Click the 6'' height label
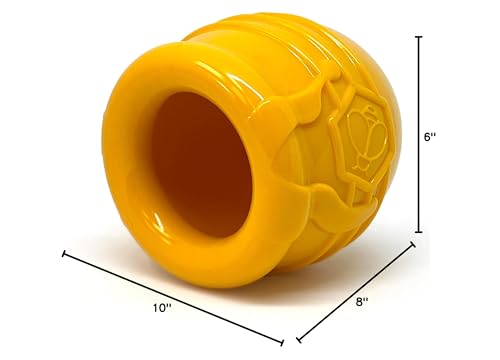(431, 136)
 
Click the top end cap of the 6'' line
(419, 37)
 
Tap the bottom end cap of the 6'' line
(419, 232)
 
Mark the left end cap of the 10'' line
(65, 254)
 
